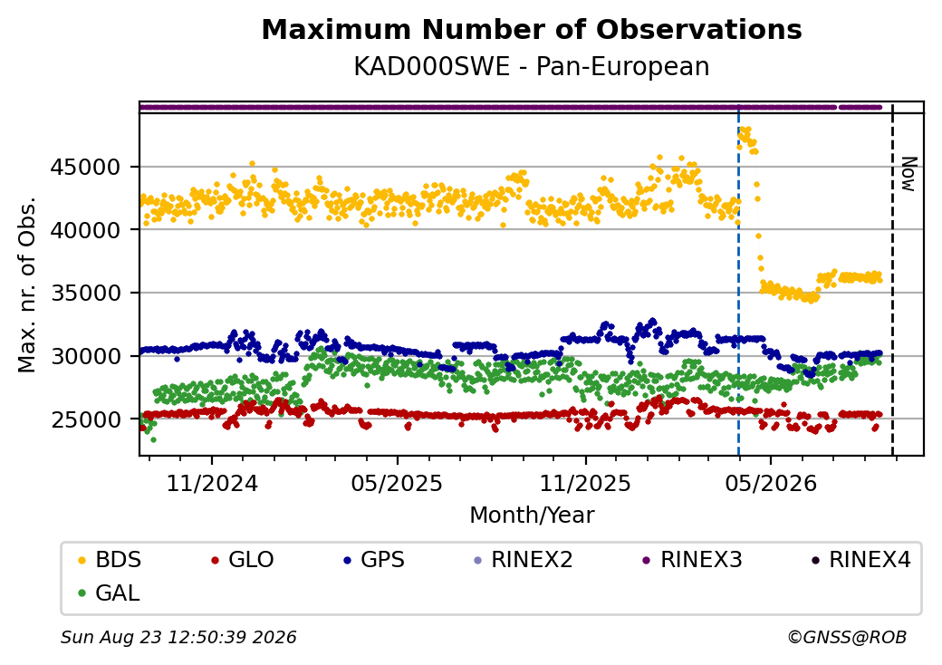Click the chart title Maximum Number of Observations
click(x=532, y=29)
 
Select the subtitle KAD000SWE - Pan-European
click(x=532, y=66)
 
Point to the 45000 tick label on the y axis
click(x=86, y=167)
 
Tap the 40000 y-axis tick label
click(x=86, y=230)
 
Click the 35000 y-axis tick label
click(x=86, y=294)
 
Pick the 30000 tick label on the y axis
click(x=86, y=356)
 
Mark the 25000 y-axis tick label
click(x=86, y=419)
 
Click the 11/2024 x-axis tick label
click(x=211, y=483)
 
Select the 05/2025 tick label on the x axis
click(x=397, y=483)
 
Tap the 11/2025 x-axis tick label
click(x=586, y=483)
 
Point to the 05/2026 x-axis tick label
click(x=771, y=483)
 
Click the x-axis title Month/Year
click(x=532, y=515)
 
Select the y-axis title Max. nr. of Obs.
click(x=27, y=284)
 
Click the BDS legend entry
click(x=110, y=560)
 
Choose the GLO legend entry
click(x=243, y=560)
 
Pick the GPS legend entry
click(x=374, y=560)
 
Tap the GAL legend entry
click(x=110, y=593)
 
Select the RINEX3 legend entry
click(x=693, y=560)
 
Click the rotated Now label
click(x=909, y=174)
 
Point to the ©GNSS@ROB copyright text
click(x=847, y=637)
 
